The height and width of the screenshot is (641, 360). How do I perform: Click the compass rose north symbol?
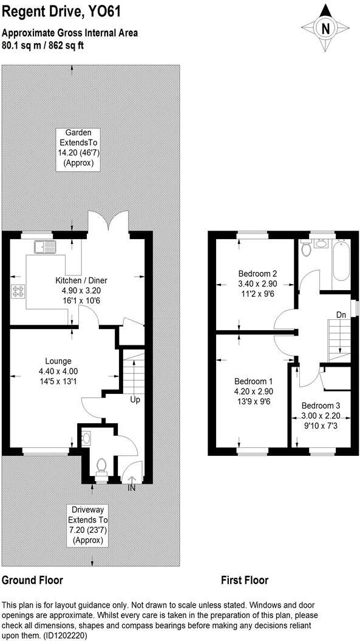tap(326, 29)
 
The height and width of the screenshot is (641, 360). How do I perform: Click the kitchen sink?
tap(44, 246)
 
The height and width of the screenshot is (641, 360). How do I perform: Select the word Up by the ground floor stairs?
tap(135, 400)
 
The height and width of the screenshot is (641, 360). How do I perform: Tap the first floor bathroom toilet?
tap(307, 249)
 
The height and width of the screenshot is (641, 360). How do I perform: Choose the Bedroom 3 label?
tap(321, 415)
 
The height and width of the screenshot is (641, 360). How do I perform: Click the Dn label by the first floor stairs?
tap(342, 315)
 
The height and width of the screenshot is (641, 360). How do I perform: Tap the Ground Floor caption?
tap(32, 580)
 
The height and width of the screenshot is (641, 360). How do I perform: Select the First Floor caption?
tap(244, 580)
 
